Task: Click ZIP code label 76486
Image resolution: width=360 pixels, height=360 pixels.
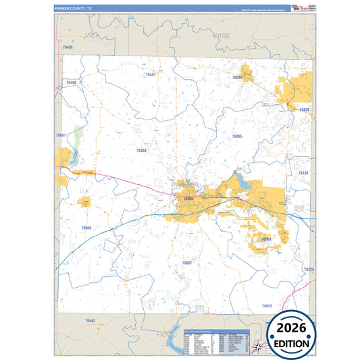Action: point(67,47)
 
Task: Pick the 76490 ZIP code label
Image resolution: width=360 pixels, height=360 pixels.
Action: point(72,82)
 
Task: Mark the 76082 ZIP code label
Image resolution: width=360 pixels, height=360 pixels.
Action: point(237,78)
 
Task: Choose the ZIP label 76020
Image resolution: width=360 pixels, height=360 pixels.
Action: point(304,109)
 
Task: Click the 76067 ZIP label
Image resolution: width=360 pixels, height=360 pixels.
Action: point(61,136)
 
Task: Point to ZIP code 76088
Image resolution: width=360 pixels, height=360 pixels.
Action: point(141,151)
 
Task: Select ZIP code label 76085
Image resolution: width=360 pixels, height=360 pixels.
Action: point(237,136)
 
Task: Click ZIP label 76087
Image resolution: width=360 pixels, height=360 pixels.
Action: point(187,262)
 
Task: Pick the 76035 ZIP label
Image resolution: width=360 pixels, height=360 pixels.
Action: point(266,306)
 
